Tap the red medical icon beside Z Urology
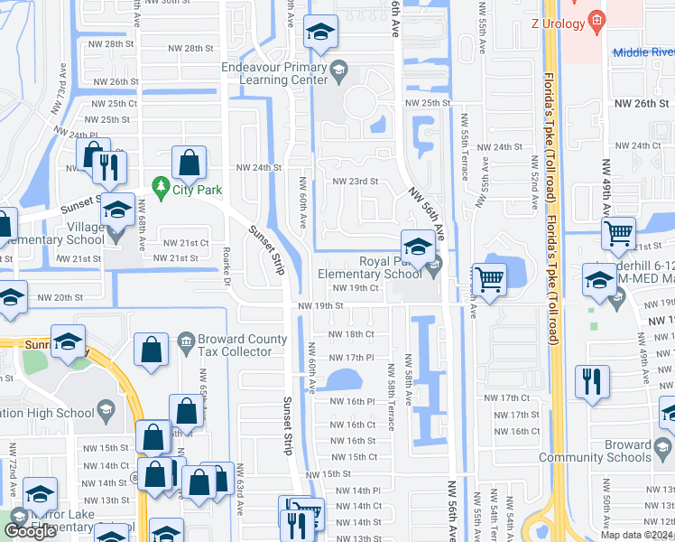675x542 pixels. pos(595,18)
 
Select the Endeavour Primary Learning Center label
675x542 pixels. pos(275,73)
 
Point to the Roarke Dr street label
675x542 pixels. pos(227,262)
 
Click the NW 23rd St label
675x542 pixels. pos(355,182)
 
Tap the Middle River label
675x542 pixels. pos(643,52)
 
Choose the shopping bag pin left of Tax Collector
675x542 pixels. pos(151,350)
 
